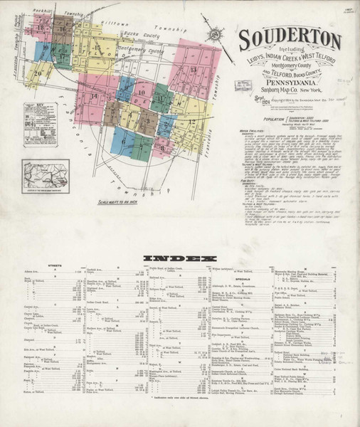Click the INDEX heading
coord(179,258)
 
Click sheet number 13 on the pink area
coord(193,69)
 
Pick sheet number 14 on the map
coord(94,115)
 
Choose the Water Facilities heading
coord(253,131)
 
